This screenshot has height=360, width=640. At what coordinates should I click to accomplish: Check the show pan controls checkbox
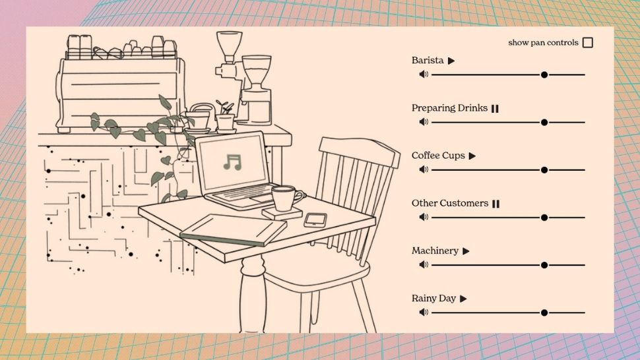point(588,42)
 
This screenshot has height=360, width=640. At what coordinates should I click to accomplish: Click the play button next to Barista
point(451,61)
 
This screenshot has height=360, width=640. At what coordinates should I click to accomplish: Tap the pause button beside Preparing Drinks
point(495,108)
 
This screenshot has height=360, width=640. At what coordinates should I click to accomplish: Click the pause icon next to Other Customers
point(496,204)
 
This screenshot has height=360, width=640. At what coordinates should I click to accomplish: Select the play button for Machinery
point(466,251)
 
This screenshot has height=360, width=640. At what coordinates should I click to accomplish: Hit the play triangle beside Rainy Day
point(463,299)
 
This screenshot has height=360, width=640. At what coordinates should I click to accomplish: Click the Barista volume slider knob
point(544,75)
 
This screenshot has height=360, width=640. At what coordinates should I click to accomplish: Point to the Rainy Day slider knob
point(544,313)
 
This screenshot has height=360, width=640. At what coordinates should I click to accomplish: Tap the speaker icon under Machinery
point(424,264)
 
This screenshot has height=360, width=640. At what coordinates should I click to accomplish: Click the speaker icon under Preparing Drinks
point(424,122)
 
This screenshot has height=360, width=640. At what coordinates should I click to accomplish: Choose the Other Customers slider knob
point(544,218)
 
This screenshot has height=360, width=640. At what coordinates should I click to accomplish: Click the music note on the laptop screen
point(232,162)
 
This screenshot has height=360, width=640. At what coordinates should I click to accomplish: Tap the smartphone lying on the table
point(315,220)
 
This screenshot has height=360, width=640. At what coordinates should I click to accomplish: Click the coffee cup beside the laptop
point(286,198)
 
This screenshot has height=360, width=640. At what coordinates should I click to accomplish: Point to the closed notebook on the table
point(233,229)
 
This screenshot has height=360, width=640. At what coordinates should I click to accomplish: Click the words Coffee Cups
point(438,156)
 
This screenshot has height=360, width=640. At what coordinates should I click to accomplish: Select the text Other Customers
point(450,203)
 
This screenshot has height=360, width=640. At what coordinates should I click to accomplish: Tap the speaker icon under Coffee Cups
point(424,169)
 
